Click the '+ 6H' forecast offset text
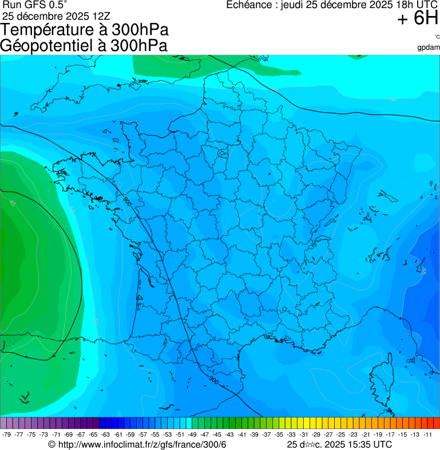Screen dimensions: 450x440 pyautogui.click(x=418, y=19)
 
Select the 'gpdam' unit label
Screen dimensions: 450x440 pyautogui.click(x=429, y=47)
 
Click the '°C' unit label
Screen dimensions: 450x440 pyautogui.click(x=437, y=37)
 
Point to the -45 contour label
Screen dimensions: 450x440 pyautogui.click(x=13, y=203)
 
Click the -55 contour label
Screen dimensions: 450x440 pyautogui.click(x=423, y=270)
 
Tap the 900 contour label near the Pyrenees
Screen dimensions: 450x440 pyautogui.click(x=213, y=380)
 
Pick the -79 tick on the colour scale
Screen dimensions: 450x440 pyautogui.click(x=7, y=435)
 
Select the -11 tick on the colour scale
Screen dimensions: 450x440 pyautogui.click(x=427, y=435)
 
